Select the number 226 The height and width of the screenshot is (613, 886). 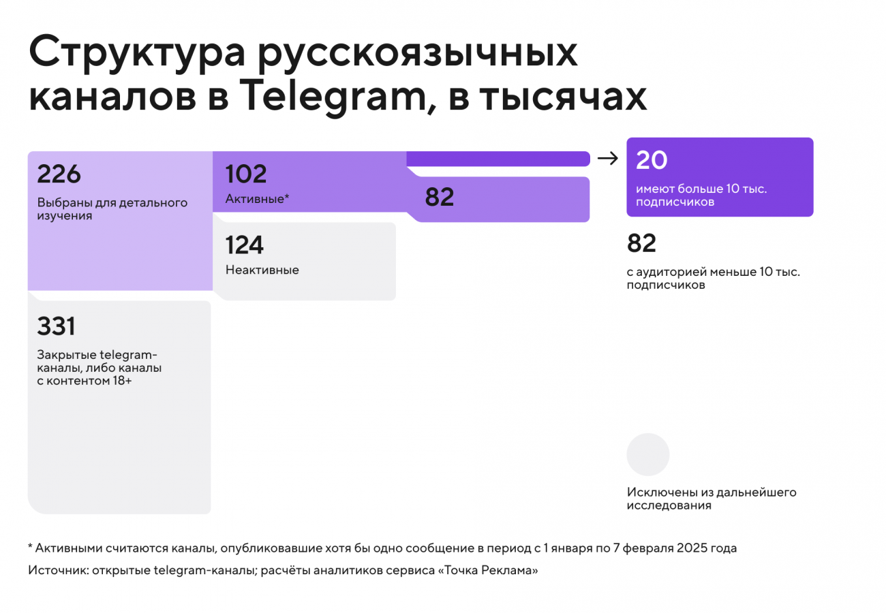coord(59,174)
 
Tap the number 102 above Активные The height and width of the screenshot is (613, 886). coord(246,174)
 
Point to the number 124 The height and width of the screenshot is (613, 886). coord(245,245)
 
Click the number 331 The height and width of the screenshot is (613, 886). coord(56,327)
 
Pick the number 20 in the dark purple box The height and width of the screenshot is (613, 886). coord(652,160)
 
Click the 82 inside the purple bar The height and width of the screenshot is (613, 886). coord(440,197)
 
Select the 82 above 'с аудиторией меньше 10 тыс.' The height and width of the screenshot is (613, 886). coord(641,243)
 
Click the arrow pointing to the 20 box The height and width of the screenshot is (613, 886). coord(607,159)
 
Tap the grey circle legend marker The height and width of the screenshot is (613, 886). coord(648,454)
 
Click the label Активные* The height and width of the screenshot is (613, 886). coord(258,200)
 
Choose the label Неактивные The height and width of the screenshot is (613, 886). coord(262,270)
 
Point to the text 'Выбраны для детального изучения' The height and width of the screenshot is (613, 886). coord(112,210)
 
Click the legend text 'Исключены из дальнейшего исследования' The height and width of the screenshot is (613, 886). coord(712,499)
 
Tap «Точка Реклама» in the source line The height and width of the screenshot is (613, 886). coord(490,571)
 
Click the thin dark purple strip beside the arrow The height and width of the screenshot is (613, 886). coord(498,159)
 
